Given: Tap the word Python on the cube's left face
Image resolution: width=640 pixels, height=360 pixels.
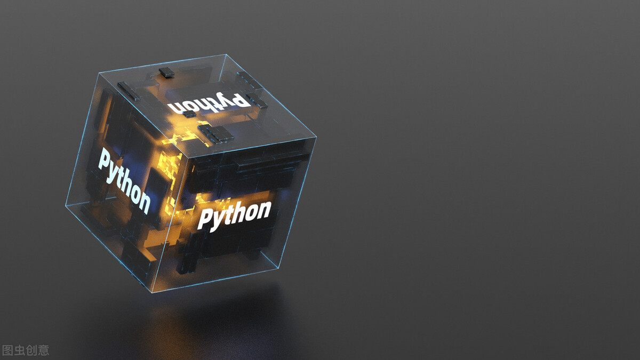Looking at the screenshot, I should [124, 181].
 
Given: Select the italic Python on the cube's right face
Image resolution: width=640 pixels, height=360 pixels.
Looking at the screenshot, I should [234, 215].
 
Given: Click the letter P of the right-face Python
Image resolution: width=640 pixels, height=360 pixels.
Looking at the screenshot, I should [205, 220].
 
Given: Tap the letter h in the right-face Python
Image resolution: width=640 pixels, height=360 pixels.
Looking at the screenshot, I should [237, 213].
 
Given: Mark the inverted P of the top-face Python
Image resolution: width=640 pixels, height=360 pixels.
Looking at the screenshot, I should [241, 99].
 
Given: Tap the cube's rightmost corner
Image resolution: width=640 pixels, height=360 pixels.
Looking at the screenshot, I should [317, 137].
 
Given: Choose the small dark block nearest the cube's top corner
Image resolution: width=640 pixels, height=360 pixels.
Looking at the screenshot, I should [166, 72].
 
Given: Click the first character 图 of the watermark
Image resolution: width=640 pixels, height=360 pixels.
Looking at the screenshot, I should [7, 350].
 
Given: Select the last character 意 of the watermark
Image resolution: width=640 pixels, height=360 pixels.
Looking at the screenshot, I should [43, 350].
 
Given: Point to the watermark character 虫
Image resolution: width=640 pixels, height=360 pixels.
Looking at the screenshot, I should [19, 350].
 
